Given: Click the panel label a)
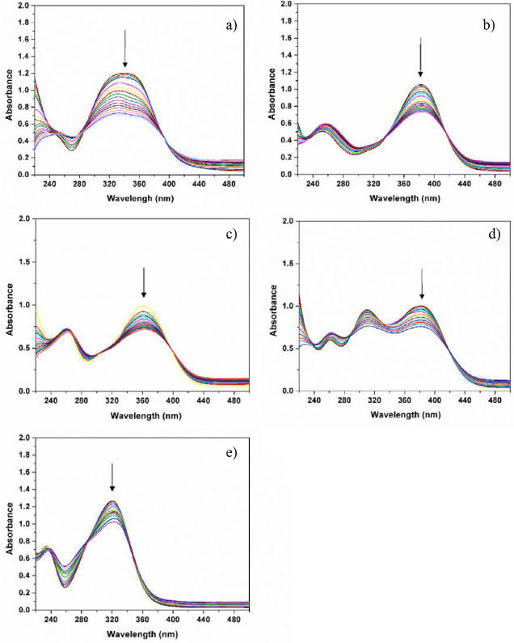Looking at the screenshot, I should point(231,26).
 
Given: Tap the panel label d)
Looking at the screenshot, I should point(489,235).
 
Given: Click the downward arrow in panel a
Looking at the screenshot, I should point(125,49).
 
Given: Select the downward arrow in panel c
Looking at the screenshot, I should point(144,282).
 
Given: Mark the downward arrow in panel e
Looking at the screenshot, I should point(112,477).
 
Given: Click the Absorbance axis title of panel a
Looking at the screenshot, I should point(10,98).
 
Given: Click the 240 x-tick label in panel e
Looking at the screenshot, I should point(49,620).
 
